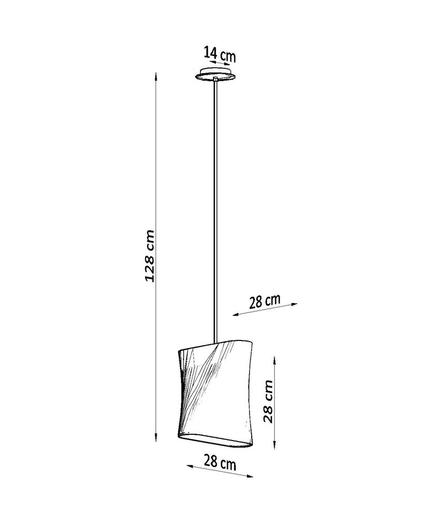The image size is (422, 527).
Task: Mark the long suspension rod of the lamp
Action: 216,211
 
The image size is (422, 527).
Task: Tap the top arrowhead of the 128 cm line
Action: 156,75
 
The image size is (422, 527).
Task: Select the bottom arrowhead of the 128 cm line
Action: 156,437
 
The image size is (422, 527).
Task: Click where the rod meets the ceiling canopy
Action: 216,80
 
